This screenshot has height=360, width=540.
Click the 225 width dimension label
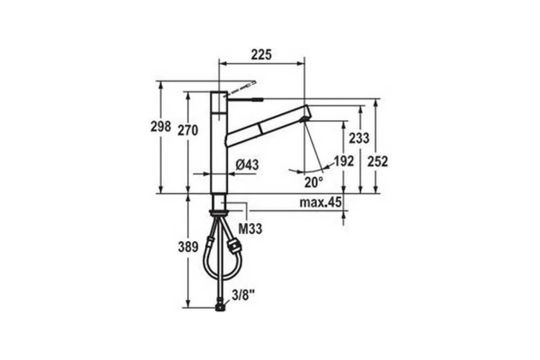pos(261,55)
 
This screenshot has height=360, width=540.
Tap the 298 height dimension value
pos(161,127)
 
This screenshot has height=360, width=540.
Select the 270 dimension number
pos(188,130)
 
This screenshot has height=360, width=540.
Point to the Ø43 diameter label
pos(247,165)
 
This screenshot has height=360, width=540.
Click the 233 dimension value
pos(359,138)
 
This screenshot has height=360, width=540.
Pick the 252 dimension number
pos(378,161)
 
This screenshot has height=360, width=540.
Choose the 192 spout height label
pos(343,161)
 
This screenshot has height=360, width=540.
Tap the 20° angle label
pos(313,182)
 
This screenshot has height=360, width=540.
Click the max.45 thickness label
pos(320,202)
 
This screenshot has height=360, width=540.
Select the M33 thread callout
pos(251,228)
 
